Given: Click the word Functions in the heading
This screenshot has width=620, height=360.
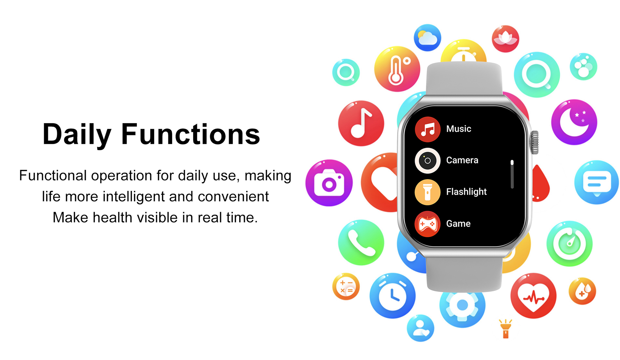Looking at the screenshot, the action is [191, 134].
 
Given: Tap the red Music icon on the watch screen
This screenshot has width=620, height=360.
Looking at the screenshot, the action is [428, 129].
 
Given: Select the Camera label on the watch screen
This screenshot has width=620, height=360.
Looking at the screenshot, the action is [462, 160].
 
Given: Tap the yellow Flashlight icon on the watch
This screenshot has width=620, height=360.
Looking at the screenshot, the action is [428, 192].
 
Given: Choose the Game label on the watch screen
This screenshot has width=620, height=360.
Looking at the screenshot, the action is [458, 224].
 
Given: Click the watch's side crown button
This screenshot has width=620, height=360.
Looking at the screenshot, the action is [535, 142].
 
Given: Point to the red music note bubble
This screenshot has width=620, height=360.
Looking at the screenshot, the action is [361, 123].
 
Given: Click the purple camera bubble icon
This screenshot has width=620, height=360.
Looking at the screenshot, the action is [329, 183].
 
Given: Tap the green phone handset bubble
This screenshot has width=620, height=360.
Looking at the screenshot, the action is [361, 243].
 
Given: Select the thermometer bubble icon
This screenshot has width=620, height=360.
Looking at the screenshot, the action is [397, 69].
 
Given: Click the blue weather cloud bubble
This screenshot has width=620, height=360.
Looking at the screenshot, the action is [428, 37].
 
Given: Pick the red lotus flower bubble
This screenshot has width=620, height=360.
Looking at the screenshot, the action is [505, 39].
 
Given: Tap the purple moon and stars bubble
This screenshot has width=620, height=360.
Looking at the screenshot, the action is [574, 122].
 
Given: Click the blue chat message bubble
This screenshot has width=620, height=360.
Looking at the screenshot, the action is [597, 182].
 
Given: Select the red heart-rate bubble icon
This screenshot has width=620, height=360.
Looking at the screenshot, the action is [533, 296].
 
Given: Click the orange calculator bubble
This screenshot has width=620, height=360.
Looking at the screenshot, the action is [346, 287].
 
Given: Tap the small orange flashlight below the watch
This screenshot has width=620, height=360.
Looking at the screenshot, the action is [506, 329].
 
